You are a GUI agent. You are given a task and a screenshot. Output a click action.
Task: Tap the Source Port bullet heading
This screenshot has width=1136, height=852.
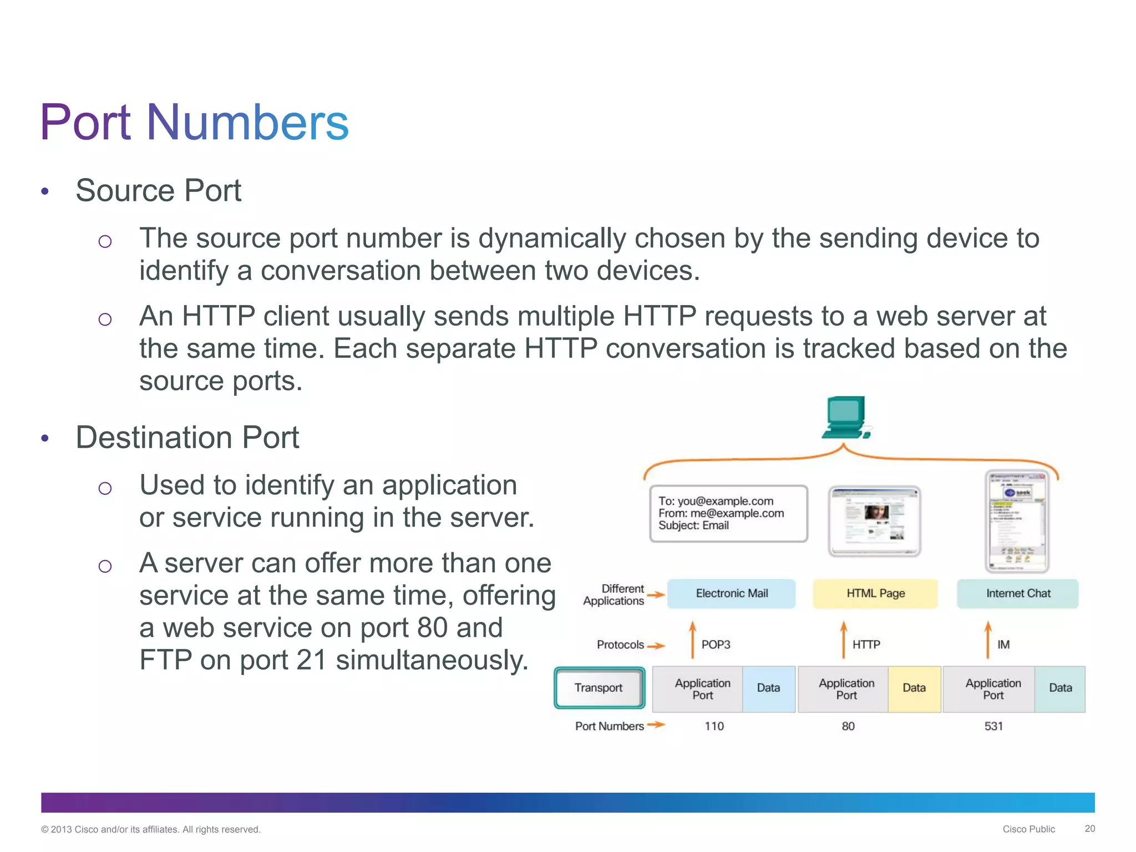[158, 190]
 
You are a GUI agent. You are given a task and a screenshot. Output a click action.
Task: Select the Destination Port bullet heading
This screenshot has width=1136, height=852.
[187, 437]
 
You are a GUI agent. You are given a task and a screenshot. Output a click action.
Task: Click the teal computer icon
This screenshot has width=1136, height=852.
[845, 417]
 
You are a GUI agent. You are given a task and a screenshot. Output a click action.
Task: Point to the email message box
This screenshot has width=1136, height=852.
[728, 514]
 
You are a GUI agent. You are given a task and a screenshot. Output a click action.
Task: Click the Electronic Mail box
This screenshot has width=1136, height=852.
[731, 594]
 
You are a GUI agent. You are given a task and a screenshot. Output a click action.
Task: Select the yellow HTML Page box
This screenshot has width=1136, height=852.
[875, 594]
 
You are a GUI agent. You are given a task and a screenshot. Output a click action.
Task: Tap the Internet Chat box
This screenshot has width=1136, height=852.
[1018, 594]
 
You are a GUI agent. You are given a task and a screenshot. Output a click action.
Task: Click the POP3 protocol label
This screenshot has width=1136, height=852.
[716, 645]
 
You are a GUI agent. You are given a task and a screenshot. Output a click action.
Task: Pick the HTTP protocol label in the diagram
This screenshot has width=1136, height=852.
[866, 645]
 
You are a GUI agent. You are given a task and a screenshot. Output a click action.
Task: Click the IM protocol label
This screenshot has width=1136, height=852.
[1003, 645]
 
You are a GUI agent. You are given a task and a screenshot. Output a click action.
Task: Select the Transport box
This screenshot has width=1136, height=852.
[599, 688]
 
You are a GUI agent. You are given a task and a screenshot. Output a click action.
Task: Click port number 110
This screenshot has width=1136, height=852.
[714, 726]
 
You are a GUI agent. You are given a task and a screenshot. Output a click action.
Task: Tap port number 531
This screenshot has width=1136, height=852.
[993, 726]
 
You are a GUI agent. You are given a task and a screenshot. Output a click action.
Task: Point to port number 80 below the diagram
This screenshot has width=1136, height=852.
[848, 726]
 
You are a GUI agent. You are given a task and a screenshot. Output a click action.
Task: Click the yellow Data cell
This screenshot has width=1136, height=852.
[914, 688]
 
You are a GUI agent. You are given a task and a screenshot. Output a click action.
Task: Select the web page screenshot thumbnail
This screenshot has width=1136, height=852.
[874, 520]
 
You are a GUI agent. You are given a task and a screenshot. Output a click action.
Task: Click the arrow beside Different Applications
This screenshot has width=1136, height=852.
[656, 595]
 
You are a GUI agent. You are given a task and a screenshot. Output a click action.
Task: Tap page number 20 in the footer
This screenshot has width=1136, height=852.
[1089, 828]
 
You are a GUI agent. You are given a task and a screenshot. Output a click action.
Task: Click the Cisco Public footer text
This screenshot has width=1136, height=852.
[1028, 829]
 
